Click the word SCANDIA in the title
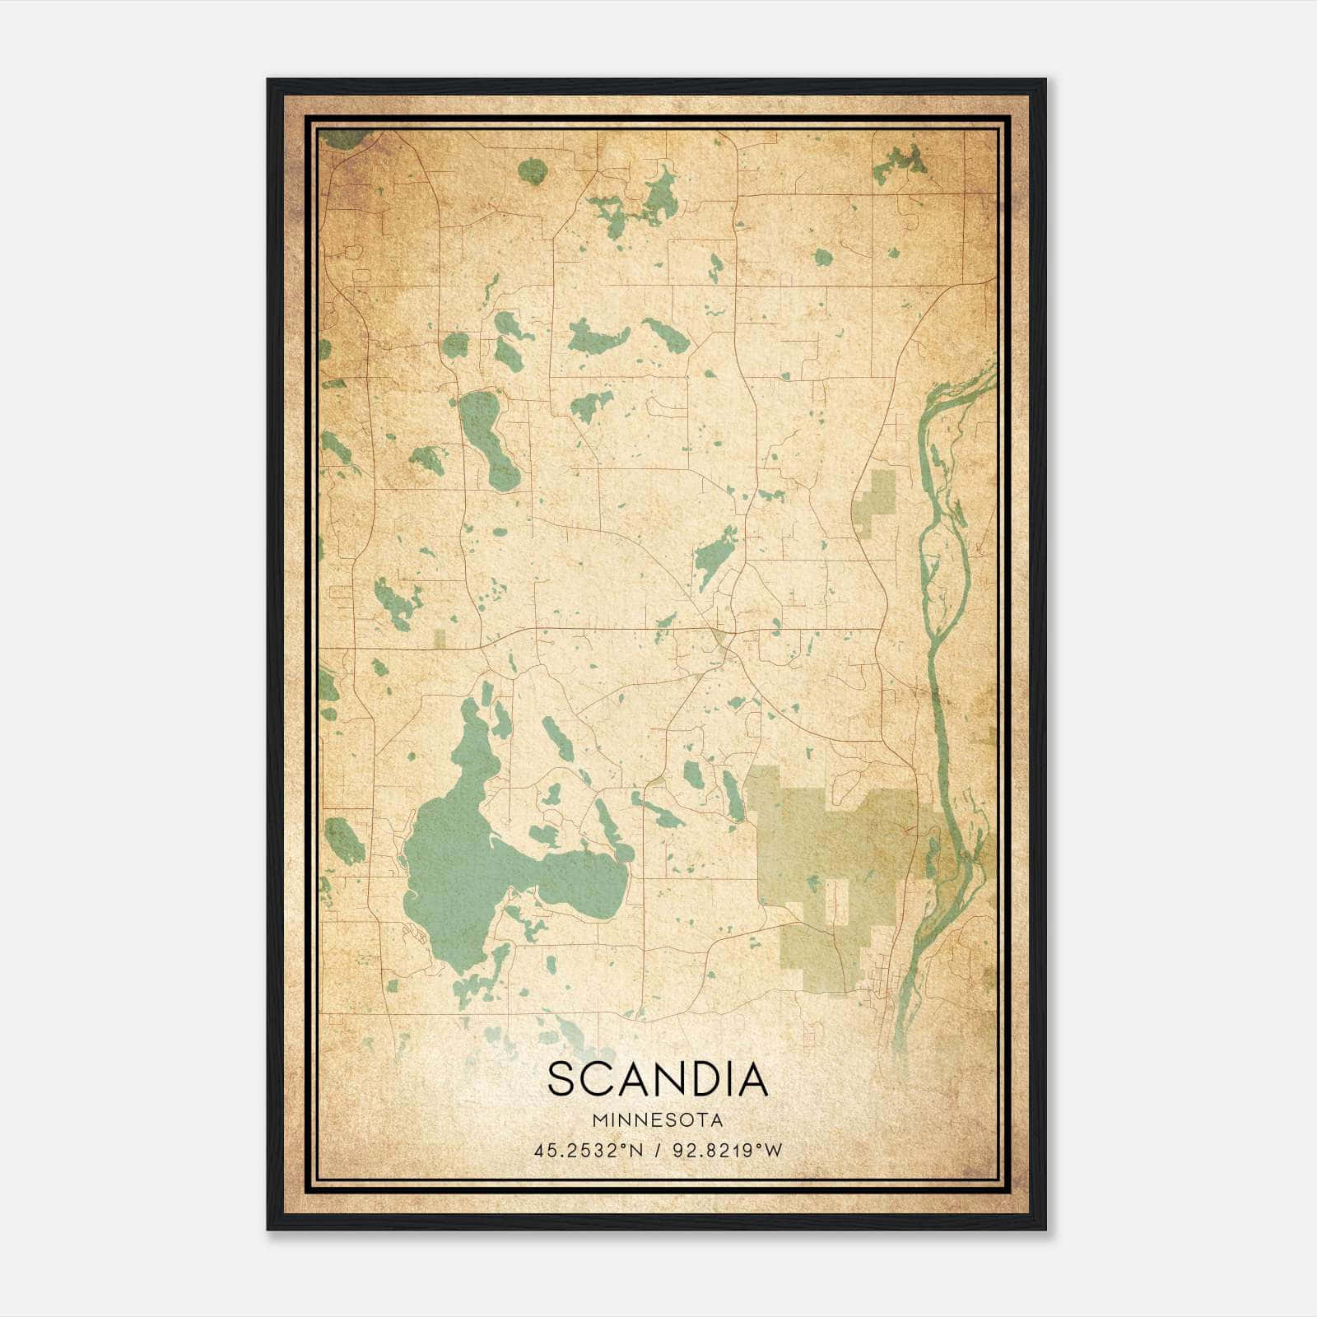point(658,1080)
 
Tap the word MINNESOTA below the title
point(658,1120)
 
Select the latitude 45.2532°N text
point(588,1151)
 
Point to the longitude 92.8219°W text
point(728,1151)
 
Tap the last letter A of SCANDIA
point(752,1080)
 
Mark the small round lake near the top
point(533,171)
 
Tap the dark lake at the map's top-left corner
point(344,138)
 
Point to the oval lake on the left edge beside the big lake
point(344,840)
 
